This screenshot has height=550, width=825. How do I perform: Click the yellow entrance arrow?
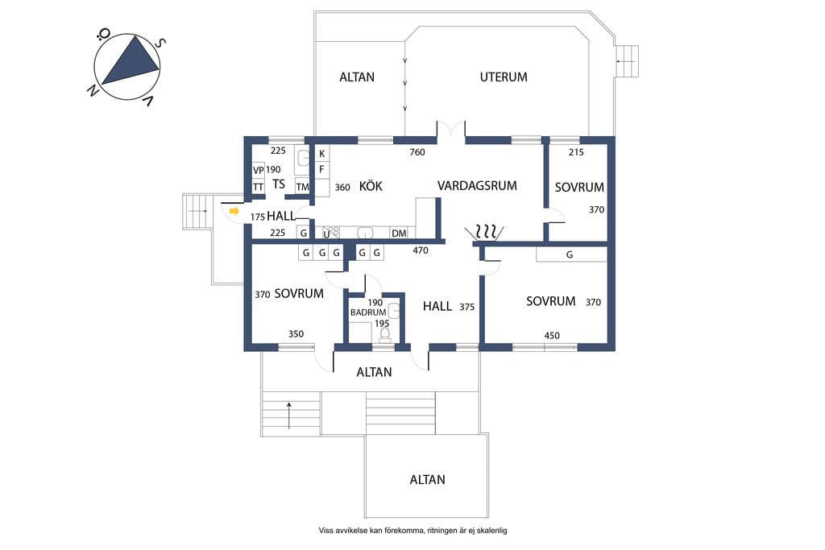(234, 211)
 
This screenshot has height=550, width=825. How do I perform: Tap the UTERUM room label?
(504, 77)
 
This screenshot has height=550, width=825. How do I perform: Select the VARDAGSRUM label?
(477, 185)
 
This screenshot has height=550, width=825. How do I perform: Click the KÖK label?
(371, 185)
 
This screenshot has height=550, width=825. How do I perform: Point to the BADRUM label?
(368, 312)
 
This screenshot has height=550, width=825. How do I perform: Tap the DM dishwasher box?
(399, 233)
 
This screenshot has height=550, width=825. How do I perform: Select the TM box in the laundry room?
(303, 187)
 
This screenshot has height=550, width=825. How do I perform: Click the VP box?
(259, 171)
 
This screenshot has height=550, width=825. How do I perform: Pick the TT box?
(259, 187)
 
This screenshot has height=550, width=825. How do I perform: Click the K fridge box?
(322, 154)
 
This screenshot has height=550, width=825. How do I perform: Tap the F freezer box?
(322, 169)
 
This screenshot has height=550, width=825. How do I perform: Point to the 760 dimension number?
(417, 152)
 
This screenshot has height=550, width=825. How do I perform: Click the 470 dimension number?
(421, 250)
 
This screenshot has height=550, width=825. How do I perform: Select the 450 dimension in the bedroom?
(552, 336)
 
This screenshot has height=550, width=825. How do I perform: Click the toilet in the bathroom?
(384, 334)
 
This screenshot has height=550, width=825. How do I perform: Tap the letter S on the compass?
(161, 43)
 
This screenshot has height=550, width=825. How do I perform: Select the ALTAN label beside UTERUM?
(357, 77)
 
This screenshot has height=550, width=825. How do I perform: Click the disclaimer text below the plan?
(413, 531)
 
